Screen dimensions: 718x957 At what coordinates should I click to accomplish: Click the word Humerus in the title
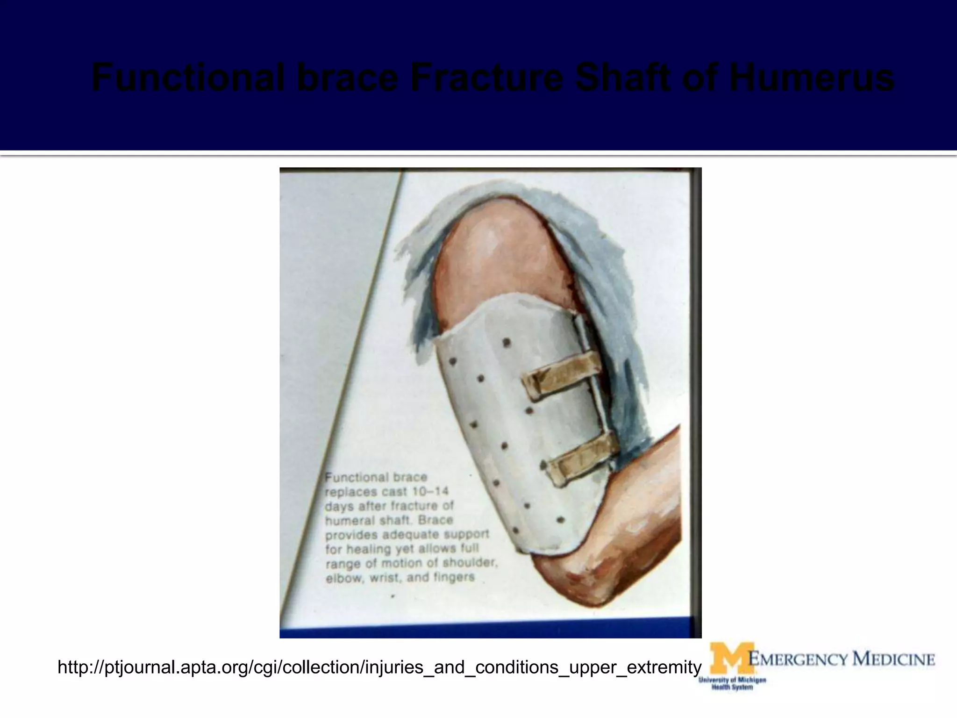pos(811,79)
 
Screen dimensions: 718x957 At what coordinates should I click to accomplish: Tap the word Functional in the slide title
pos(190,79)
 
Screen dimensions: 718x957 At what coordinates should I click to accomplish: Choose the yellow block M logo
pos(730,659)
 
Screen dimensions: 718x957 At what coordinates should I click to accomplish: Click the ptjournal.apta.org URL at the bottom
pos(379,667)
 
